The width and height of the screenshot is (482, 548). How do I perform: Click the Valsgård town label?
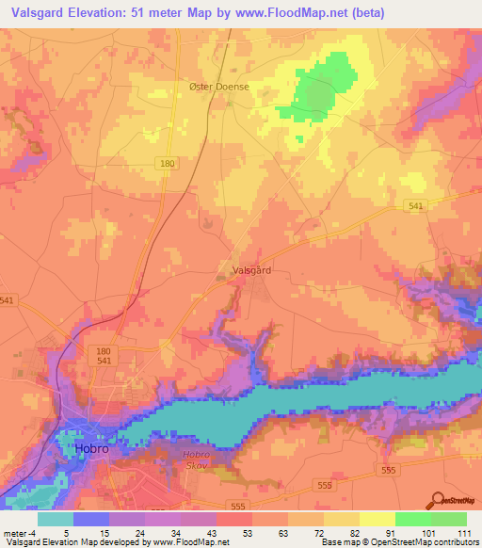251,270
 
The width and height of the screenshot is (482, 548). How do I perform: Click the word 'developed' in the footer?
111,542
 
